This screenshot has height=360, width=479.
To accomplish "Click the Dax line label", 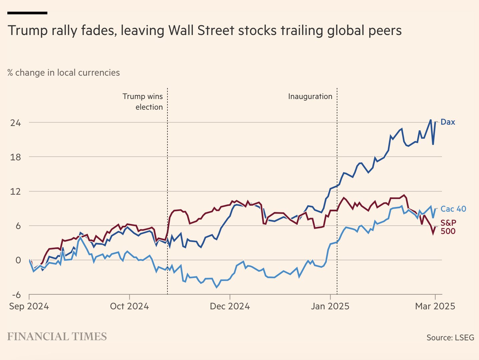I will point(448,122).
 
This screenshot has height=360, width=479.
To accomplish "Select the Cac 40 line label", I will point(453,209).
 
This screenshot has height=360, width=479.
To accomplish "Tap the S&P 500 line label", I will point(448,227).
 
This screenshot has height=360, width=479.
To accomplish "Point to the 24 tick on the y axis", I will point(15,123).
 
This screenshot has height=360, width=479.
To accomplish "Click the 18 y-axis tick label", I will point(15,157).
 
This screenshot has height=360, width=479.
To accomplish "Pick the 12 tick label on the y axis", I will point(15,191).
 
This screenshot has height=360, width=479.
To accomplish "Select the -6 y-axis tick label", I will point(16,295).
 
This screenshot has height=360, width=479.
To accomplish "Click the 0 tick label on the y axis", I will point(18,260).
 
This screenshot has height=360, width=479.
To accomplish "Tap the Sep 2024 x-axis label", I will point(29,306).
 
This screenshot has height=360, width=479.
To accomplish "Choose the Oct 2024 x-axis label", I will point(129,306).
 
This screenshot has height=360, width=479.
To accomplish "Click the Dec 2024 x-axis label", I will point(230,306).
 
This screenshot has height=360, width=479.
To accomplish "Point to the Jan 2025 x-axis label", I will point(330,306).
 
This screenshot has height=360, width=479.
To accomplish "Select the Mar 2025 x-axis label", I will point(435,306).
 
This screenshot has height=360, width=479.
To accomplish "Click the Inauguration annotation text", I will point(310,97).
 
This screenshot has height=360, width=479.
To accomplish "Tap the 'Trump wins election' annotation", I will point(143,102).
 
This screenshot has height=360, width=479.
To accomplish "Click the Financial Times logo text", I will point(57,337).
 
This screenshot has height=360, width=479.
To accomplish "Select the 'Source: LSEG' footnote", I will point(450,337).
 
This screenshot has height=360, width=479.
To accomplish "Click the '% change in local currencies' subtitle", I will point(64,73).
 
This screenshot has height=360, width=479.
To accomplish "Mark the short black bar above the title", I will point(27,13).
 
